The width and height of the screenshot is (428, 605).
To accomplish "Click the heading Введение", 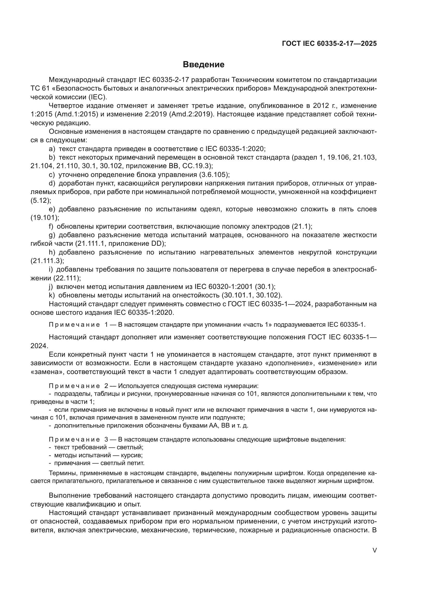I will [x=203, y=65].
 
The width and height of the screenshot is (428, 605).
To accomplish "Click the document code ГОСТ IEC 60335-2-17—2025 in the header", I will [x=329, y=43].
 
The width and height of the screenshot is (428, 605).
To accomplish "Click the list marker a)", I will [x=52, y=149].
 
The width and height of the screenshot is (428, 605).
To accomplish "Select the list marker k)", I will [x=52, y=295].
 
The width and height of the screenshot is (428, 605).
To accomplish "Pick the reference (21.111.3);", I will [x=47, y=261].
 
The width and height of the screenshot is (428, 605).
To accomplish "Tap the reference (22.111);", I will [x=67, y=278].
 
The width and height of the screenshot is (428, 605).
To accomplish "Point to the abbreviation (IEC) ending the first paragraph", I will [x=98, y=97].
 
